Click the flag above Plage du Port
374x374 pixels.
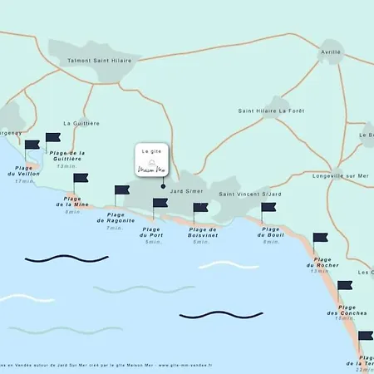click(x=160, y=204)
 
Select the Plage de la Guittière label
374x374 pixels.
click(x=68, y=156)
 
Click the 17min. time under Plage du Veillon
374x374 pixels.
click(x=24, y=181)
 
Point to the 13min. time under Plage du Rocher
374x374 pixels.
click(x=320, y=271)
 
